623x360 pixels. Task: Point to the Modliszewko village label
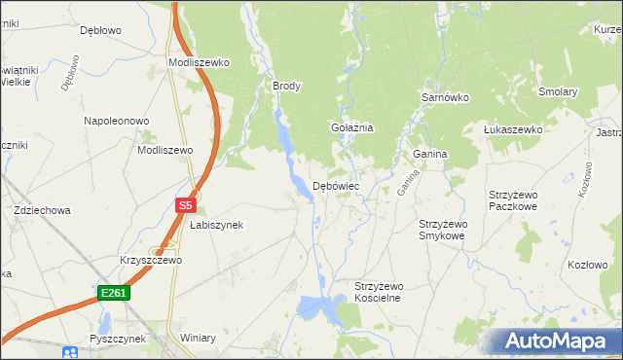(198, 62)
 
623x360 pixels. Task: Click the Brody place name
(286, 86)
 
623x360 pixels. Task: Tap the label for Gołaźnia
(351, 127)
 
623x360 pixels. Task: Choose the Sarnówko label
(445, 98)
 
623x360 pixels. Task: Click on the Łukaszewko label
(513, 129)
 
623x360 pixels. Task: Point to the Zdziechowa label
(42, 210)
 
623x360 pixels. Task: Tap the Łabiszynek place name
(216, 225)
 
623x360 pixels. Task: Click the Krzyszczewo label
(151, 261)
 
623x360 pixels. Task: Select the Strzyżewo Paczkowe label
(519, 200)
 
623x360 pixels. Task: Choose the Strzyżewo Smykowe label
(443, 230)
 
